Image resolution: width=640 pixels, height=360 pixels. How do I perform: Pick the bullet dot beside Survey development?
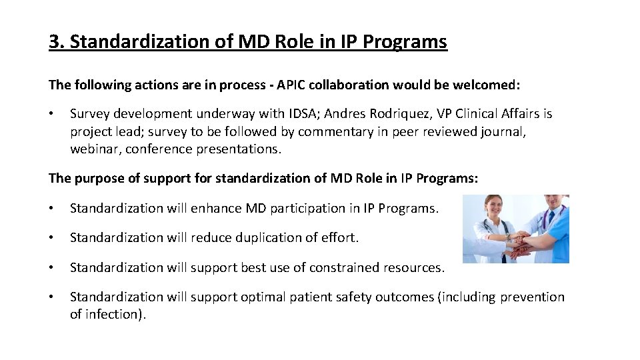pyautogui.click(x=52, y=114)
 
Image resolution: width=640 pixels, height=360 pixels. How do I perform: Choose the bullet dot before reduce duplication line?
pyautogui.click(x=52, y=237)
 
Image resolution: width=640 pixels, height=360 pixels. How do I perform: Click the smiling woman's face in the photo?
pyautogui.click(x=493, y=207)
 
